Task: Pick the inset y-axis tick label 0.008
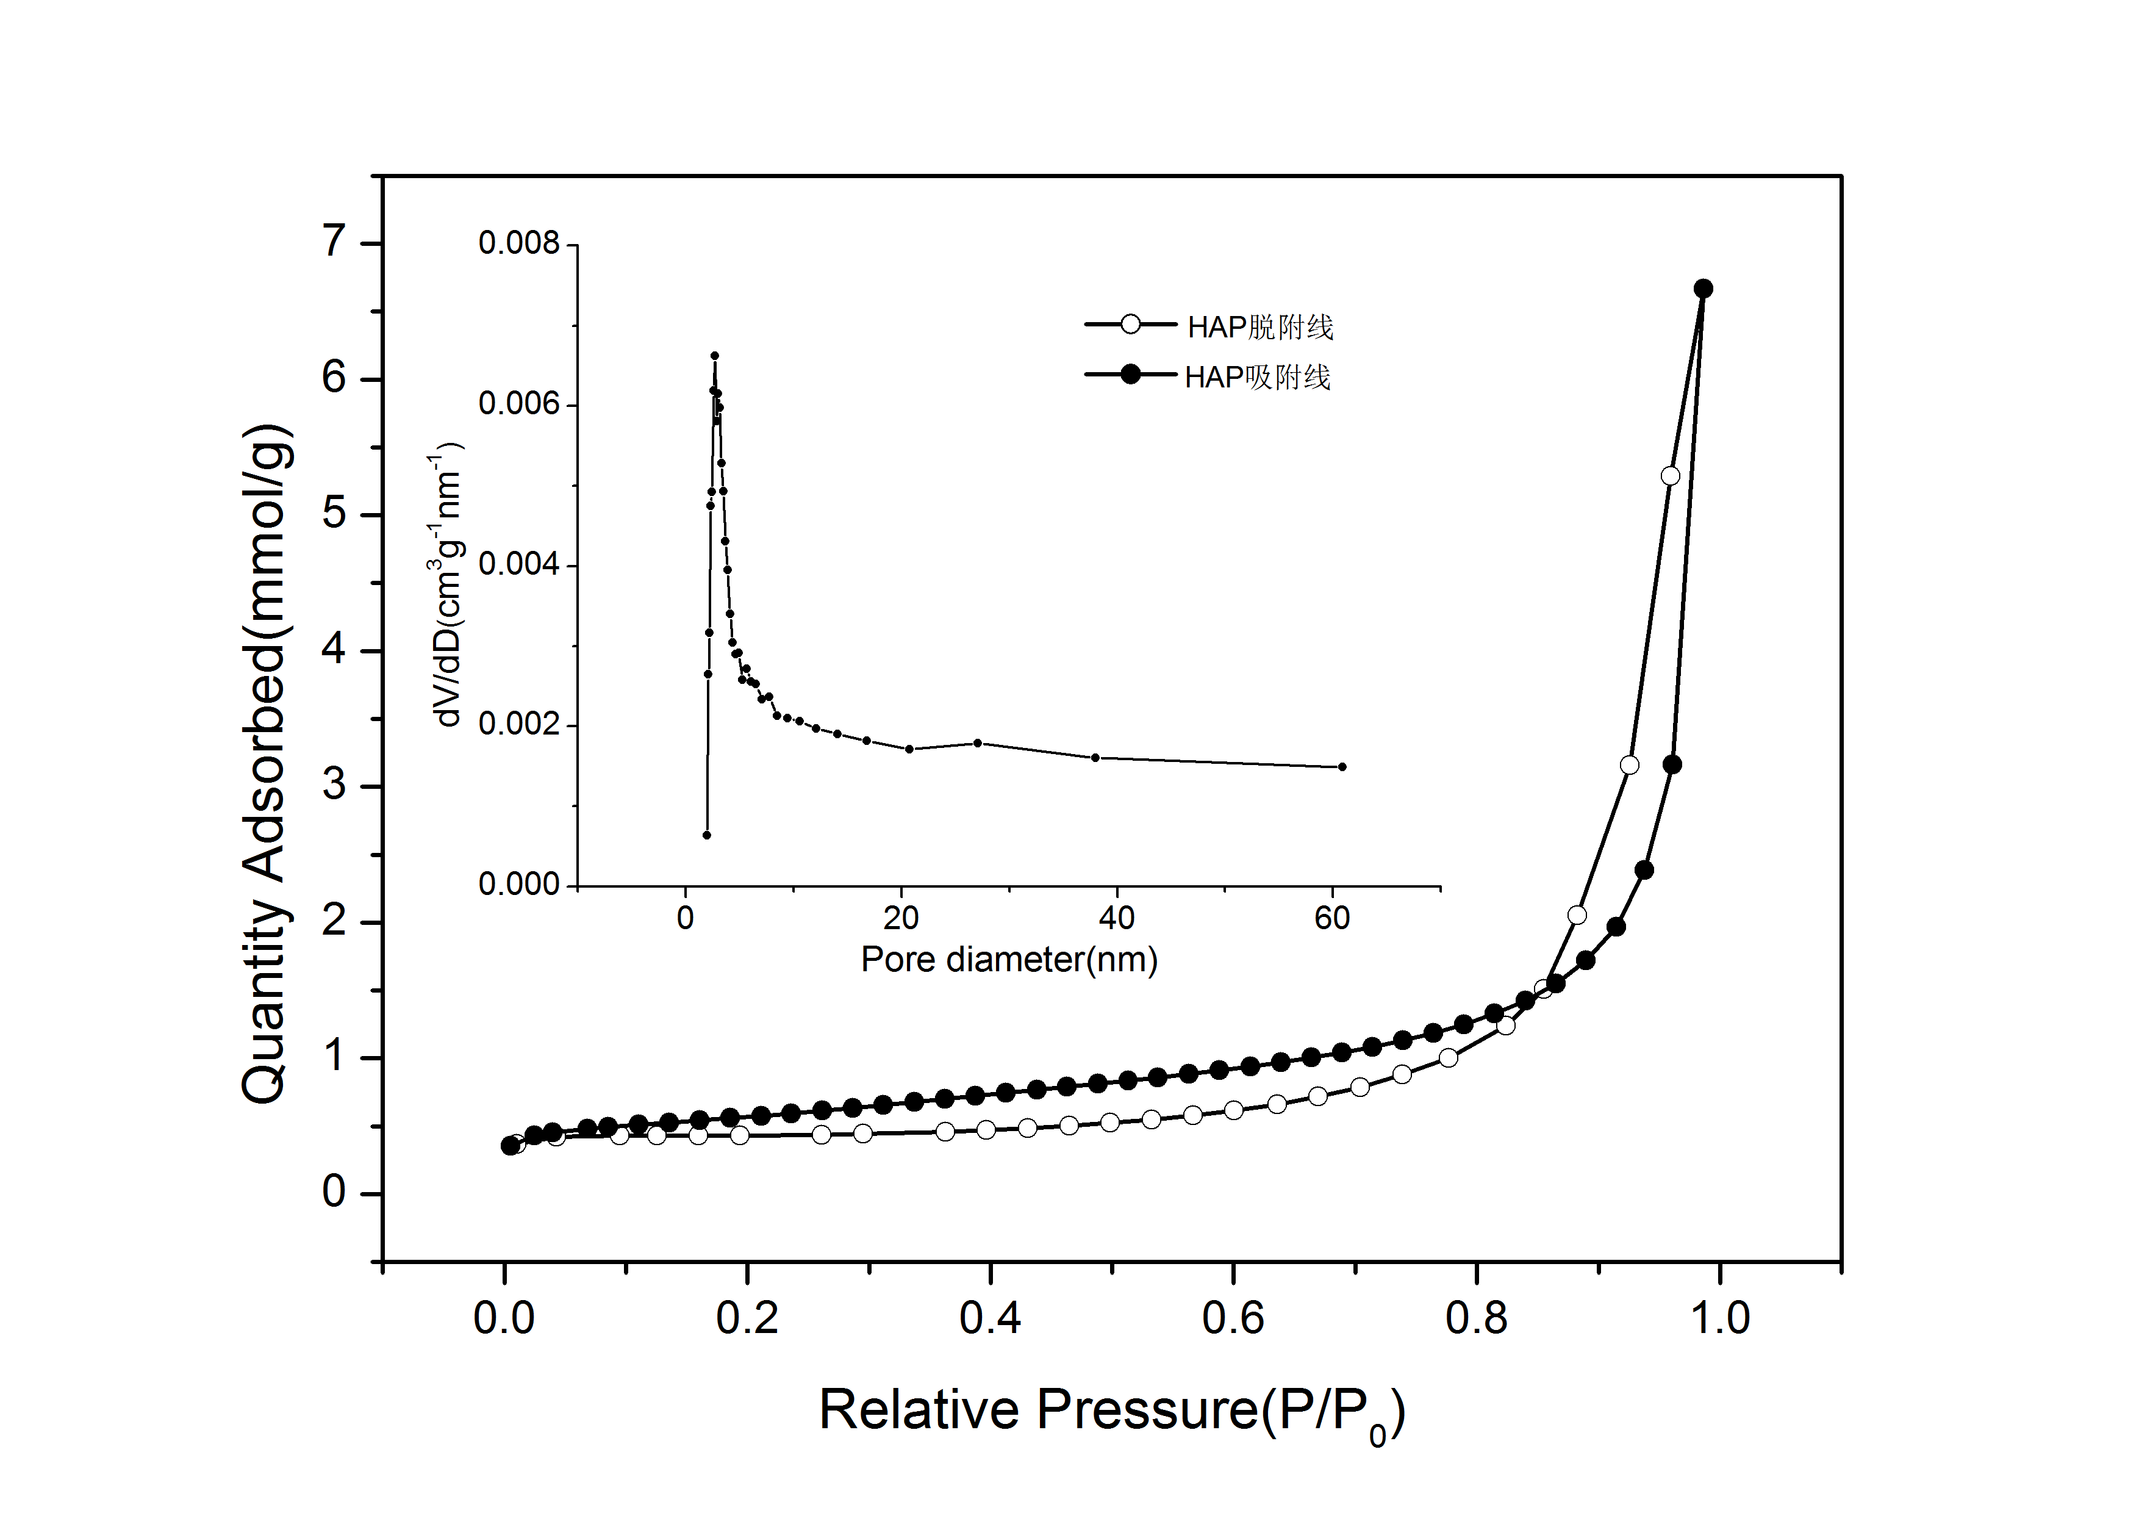519,244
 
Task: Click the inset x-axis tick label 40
1116,919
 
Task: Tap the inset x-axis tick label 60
1332,919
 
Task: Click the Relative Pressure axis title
1111,1409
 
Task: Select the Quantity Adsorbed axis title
267,764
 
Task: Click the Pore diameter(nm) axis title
1009,960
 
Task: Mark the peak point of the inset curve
715,356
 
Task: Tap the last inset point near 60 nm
1342,767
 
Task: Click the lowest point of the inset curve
707,835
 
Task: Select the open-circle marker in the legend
1130,324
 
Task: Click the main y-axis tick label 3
334,785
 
